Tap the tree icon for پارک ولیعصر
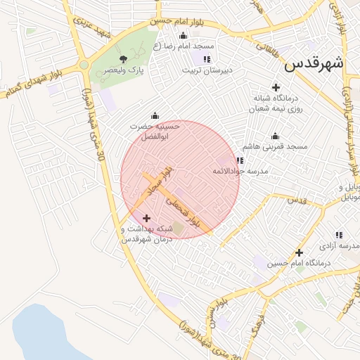[x=124, y=59]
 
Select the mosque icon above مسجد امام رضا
[x=184, y=36]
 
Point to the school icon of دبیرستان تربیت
[x=206, y=59]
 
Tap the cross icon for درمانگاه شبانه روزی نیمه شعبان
[x=275, y=86]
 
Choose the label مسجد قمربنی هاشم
[x=275, y=147]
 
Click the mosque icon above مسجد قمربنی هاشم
[x=275, y=136]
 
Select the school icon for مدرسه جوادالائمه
[x=240, y=160]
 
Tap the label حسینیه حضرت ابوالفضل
[x=155, y=130]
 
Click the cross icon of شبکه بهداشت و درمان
[x=146, y=218]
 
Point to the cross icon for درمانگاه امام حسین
[x=300, y=252]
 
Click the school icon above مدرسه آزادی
[x=339, y=235]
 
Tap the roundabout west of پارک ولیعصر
[x=84, y=65]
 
